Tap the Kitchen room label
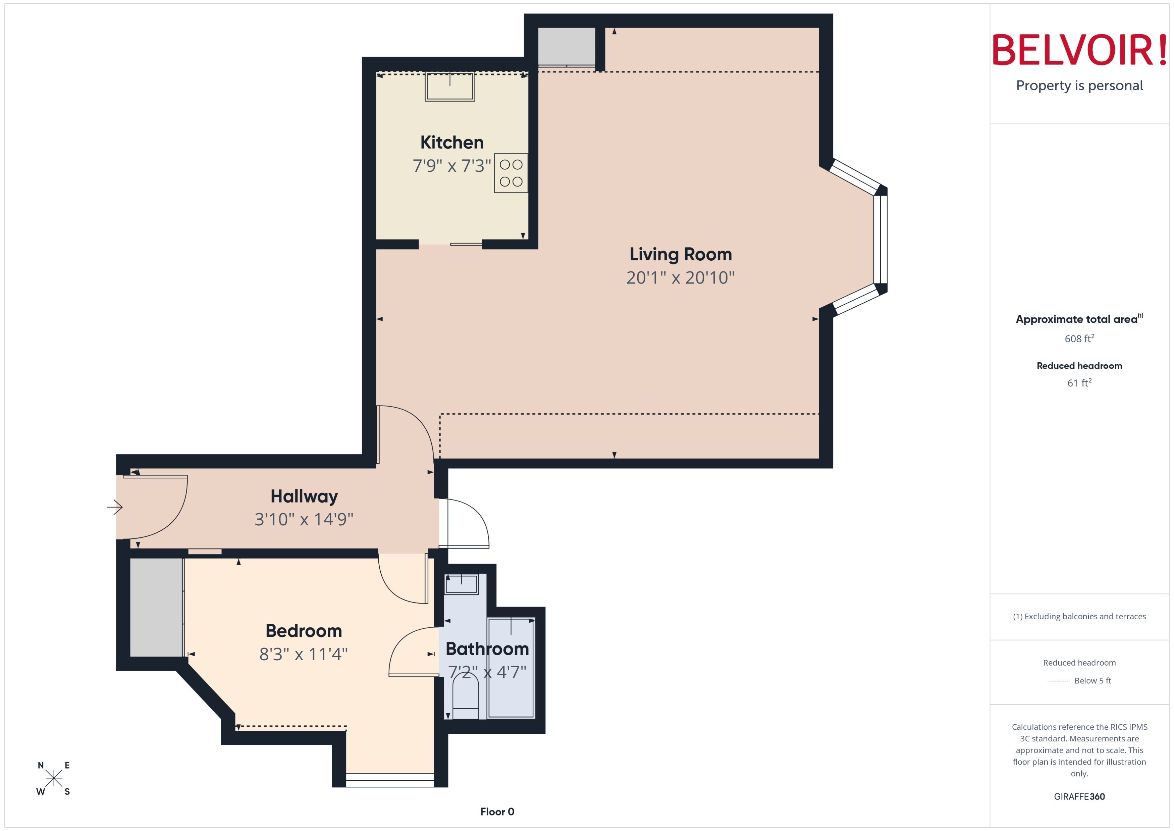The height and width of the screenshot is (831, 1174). click(452, 142)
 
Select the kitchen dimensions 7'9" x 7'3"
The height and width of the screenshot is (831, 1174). click(452, 166)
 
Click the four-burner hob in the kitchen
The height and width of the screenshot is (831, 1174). click(511, 173)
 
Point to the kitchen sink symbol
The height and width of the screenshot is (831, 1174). click(450, 87)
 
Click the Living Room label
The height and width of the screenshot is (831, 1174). click(680, 254)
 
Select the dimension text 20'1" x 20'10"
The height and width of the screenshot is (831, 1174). click(680, 277)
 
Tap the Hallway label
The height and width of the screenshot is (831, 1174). click(304, 496)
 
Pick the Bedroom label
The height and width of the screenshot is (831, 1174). click(304, 631)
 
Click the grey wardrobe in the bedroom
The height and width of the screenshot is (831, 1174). click(156, 607)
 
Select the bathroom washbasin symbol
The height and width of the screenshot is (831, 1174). click(462, 584)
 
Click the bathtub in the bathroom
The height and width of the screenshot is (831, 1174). click(511, 668)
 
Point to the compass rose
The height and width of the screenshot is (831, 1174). click(54, 778)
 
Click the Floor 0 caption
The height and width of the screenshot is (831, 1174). click(497, 812)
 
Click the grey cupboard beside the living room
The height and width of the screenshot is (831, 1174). click(566, 46)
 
